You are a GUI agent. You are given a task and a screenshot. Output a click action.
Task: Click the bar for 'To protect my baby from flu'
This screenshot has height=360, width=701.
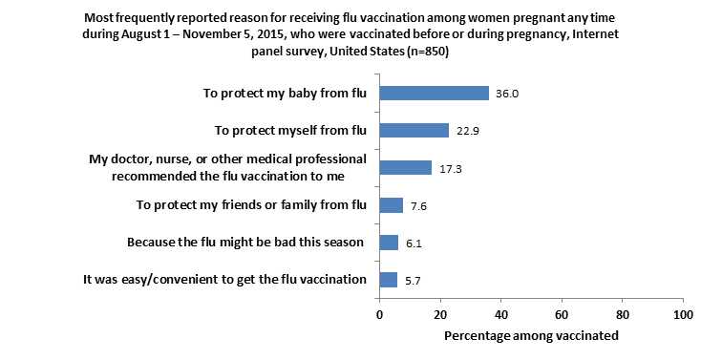tap(434, 93)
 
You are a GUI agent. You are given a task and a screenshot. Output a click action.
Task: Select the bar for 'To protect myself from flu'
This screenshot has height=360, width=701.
tap(414, 130)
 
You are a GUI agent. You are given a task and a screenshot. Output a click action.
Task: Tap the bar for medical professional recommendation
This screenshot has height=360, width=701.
tap(405, 167)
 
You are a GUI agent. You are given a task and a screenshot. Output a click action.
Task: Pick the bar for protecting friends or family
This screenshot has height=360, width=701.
tap(391, 204)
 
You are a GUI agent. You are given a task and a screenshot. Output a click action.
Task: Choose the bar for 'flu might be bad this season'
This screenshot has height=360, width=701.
tap(389, 242)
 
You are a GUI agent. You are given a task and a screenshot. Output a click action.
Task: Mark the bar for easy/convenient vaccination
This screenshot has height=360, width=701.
tap(388, 279)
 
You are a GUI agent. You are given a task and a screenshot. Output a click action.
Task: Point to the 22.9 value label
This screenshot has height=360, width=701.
tap(465, 131)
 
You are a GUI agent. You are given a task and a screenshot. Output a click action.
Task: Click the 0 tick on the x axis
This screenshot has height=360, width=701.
tap(379, 313)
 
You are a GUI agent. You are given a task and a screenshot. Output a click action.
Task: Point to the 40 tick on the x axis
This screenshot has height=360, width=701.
tap(500, 313)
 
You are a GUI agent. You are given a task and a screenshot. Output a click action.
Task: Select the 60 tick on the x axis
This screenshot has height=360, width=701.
tap(562, 313)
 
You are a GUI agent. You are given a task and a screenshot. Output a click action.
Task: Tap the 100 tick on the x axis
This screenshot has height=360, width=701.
tap(682, 313)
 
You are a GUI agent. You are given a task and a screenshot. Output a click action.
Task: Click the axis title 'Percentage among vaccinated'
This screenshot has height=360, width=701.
tap(531, 336)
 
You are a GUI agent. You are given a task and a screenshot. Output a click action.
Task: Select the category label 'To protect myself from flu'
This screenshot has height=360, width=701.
tap(287, 131)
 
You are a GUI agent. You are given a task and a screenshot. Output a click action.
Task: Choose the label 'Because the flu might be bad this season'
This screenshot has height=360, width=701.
tap(246, 243)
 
